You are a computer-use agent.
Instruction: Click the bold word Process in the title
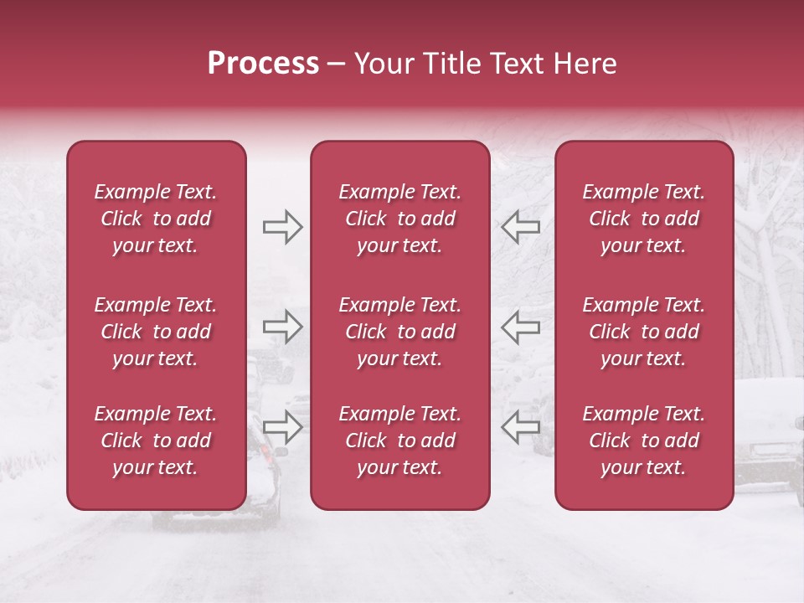263,64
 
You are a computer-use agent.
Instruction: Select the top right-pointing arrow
282,226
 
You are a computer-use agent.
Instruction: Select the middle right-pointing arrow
282,326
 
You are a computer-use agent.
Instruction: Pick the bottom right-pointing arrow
282,426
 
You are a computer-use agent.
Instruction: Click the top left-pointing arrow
520,226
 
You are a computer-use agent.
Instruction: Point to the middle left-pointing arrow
520,326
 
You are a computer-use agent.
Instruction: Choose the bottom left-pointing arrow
520,426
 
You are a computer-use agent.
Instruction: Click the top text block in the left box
156,219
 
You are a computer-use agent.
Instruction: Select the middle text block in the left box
156,332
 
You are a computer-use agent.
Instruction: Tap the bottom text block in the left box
156,441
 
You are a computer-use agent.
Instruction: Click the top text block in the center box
399,219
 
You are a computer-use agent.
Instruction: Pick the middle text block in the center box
399,332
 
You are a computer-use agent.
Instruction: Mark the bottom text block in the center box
399,441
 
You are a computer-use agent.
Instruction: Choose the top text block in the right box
643,219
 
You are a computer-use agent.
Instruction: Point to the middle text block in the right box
643,332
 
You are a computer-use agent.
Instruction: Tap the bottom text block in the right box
643,441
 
